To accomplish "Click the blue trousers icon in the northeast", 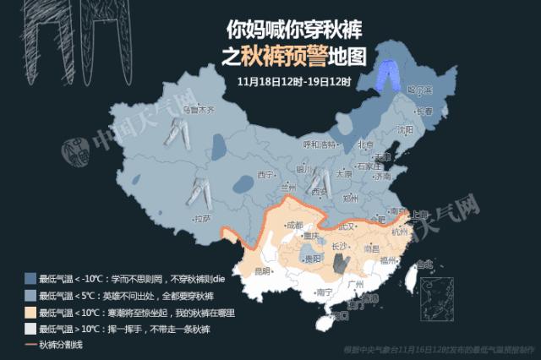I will pyautogui.click(x=388, y=74).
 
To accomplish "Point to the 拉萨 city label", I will pyautogui.click(x=202, y=218).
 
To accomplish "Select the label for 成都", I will pyautogui.click(x=293, y=226).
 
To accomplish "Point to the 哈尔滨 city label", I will pyautogui.click(x=418, y=90).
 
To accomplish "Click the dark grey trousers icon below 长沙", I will pyautogui.click(x=341, y=265).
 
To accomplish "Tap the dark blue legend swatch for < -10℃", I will pyautogui.click(x=30, y=278).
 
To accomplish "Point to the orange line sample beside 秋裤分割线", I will pyautogui.click(x=30, y=345).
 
